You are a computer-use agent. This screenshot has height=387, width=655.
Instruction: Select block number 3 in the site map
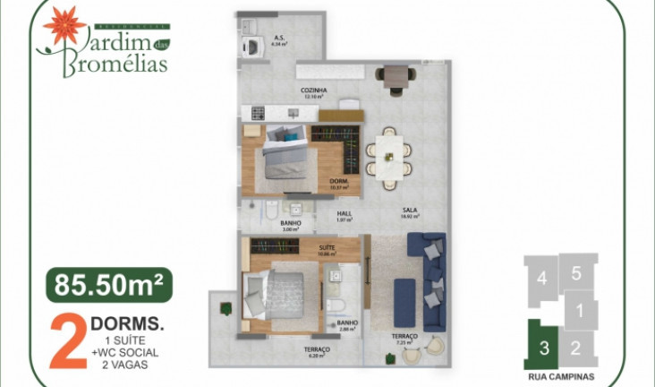tap(540, 345)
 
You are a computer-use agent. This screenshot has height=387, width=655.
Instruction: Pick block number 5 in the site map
tap(577, 273)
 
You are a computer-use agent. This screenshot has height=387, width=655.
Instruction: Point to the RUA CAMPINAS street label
tap(561, 376)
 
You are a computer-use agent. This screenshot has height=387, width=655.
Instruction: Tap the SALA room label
tap(410, 212)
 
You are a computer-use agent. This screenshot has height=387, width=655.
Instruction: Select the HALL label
tap(344, 215)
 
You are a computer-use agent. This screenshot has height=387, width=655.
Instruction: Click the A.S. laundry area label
tap(279, 39)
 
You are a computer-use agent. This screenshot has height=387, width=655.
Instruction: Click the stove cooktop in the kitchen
tap(259, 113)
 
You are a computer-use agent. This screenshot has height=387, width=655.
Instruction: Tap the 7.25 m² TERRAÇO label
tap(404, 339)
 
